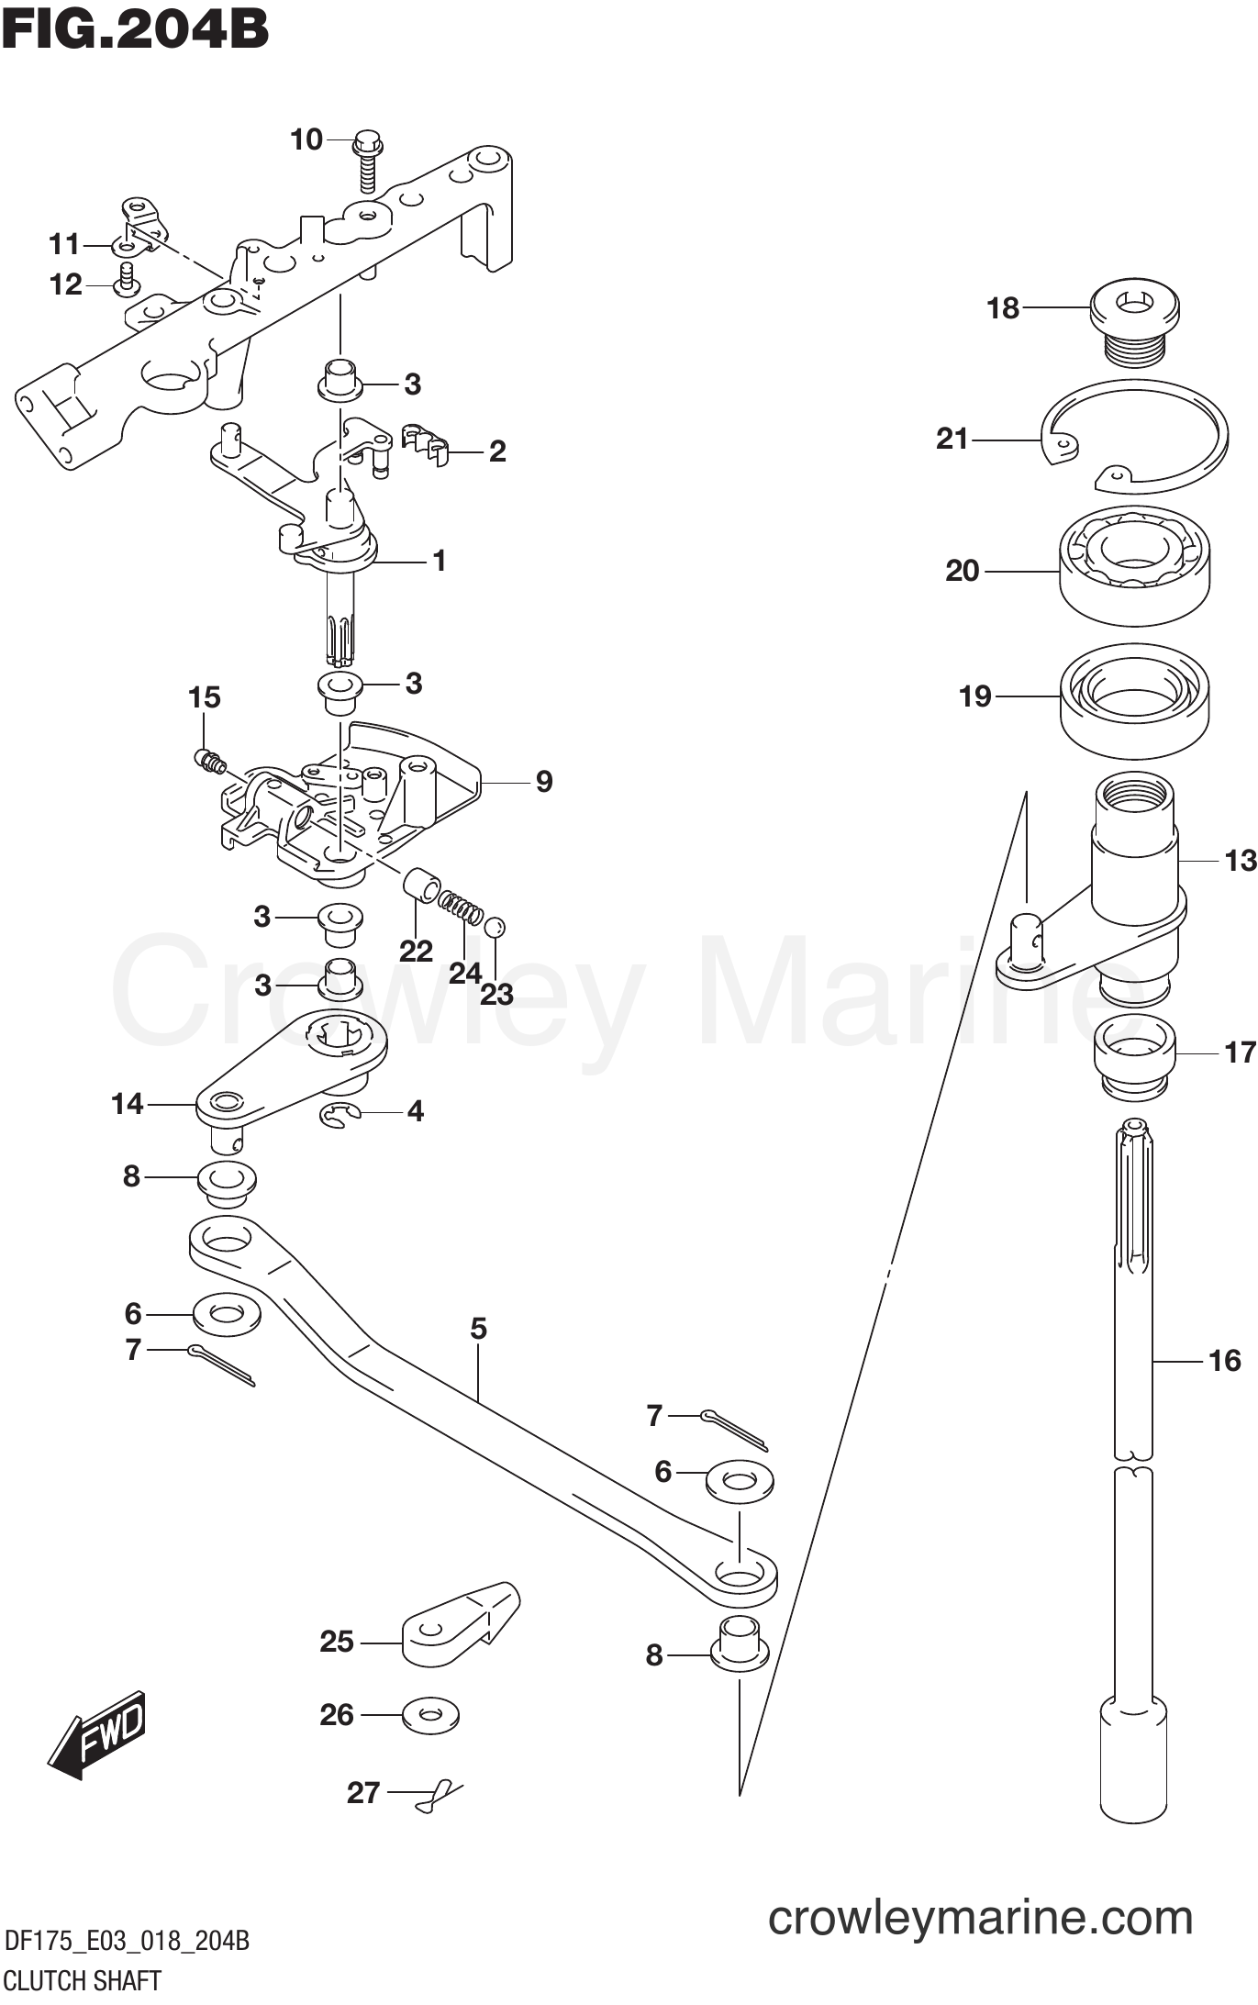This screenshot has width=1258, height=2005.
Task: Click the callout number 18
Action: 1003,308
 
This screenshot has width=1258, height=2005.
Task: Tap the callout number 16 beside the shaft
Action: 1224,1360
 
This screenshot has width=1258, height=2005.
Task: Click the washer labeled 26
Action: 430,1714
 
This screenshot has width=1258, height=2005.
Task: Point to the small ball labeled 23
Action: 495,927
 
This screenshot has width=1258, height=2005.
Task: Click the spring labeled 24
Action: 459,909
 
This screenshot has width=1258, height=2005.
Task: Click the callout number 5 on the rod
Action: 478,1328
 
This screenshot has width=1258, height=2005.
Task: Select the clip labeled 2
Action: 427,443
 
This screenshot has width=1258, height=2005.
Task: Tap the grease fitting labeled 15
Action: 207,759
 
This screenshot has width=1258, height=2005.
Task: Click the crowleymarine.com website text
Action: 980,1919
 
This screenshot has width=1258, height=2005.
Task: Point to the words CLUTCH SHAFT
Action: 83,1980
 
